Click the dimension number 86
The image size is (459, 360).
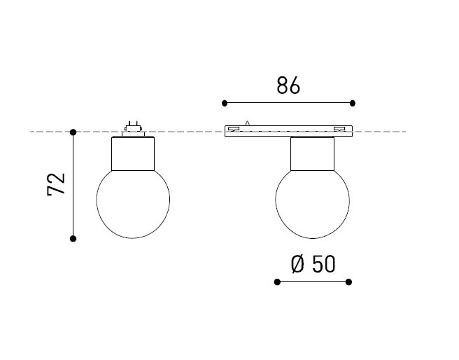(288, 85)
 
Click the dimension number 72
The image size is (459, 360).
(56, 184)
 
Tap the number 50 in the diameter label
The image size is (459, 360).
(323, 264)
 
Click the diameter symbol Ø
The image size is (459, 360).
(297, 264)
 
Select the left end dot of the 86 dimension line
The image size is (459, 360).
(225, 103)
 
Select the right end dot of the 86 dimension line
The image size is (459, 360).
(353, 103)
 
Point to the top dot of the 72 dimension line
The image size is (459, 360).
(73, 132)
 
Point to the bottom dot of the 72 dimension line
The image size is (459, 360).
(73, 239)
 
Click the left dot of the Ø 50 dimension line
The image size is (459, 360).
(277, 282)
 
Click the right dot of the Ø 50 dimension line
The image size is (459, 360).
(348, 282)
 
